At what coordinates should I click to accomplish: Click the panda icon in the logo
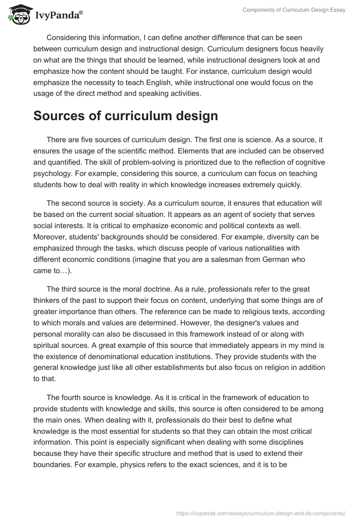[x=17, y=15]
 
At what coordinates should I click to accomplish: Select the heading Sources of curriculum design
[x=126, y=116]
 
